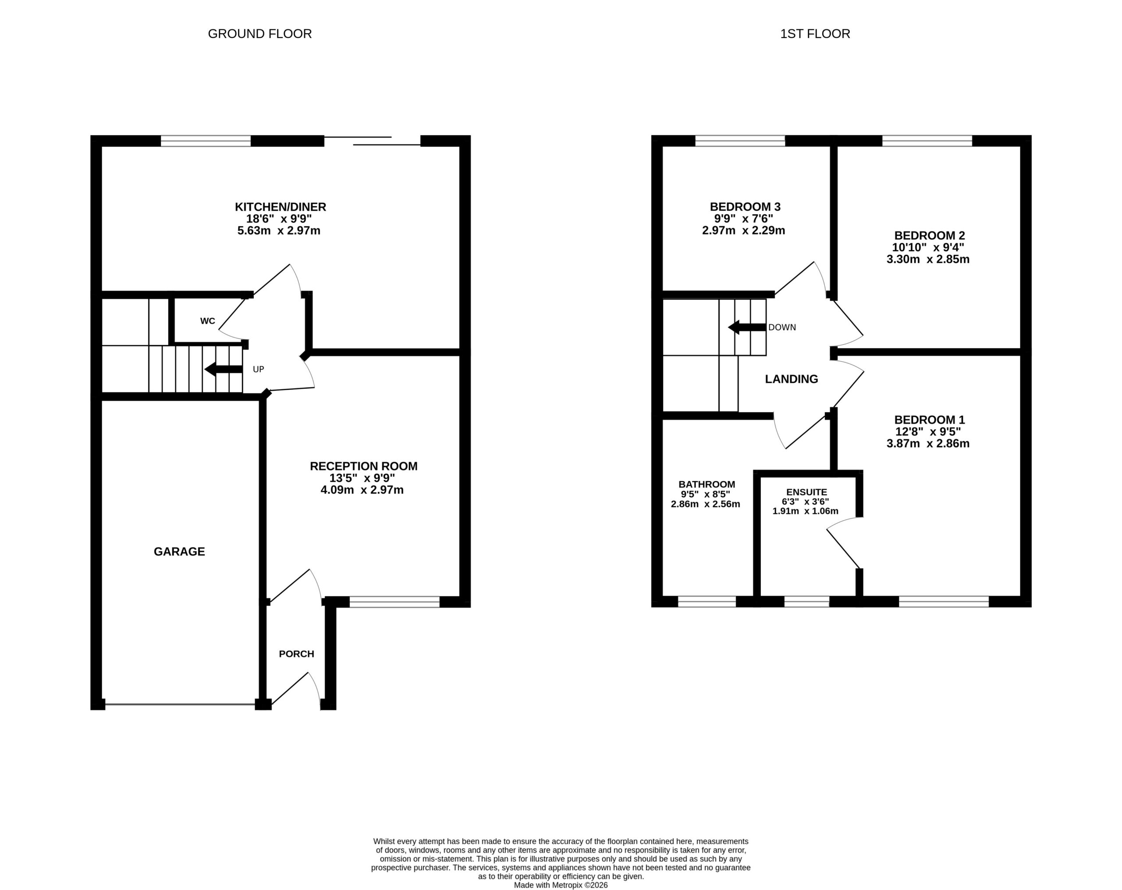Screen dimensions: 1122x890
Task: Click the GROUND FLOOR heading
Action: tap(260, 34)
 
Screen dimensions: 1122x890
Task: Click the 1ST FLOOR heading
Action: tap(815, 34)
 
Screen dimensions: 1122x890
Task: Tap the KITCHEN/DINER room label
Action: tap(280, 207)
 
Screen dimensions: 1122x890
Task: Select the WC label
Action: tap(208, 321)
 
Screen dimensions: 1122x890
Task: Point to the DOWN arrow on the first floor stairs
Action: tap(747, 327)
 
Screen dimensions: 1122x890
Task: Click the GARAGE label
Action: tap(180, 551)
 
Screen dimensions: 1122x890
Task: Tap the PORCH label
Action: tap(297, 654)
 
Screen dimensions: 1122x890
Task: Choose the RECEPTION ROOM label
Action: tap(364, 466)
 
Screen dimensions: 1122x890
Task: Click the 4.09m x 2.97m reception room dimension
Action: tap(362, 490)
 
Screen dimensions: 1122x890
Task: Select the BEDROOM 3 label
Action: tap(745, 207)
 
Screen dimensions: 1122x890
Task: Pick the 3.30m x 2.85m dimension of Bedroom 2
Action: tap(928, 259)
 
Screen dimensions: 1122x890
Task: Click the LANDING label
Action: tap(792, 379)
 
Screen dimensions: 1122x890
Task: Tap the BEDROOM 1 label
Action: tap(930, 420)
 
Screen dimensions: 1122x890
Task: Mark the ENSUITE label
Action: tap(806, 492)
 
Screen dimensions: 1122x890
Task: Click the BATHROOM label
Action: tap(707, 485)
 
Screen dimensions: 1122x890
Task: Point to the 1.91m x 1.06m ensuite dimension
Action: tap(806, 511)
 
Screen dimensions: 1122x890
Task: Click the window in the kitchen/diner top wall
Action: tap(206, 141)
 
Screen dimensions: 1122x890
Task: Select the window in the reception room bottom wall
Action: tap(394, 602)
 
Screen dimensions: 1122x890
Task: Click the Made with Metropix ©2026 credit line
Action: tap(561, 885)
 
